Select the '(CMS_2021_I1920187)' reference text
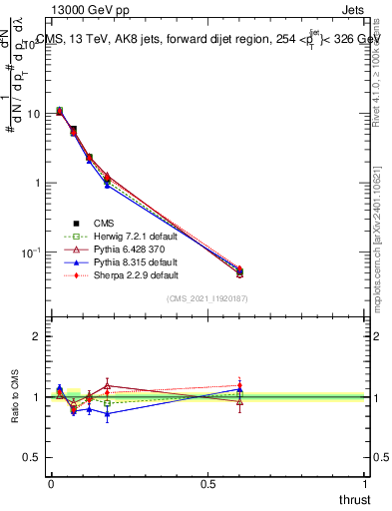[207, 298]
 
